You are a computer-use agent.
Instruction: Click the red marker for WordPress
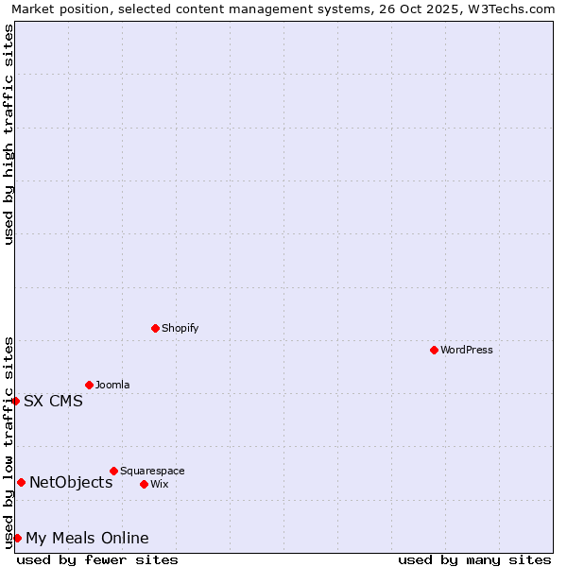pos(434,350)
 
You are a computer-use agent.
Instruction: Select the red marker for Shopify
pos(156,328)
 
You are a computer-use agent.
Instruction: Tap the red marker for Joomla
pos(89,385)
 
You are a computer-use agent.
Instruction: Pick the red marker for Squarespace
pos(113,471)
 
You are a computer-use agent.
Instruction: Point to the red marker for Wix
pos(144,484)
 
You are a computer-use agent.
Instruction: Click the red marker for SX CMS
pos(15,401)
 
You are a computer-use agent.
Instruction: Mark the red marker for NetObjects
pos(21,482)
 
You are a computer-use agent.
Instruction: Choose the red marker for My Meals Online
pos(17,538)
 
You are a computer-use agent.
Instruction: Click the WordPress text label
pos(467,350)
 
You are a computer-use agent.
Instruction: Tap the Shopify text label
pos(180,328)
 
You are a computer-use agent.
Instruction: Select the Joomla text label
pos(112,385)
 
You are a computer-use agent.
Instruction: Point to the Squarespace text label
pos(152,471)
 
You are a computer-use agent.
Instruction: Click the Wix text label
pos(159,484)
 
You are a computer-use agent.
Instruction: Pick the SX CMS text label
pos(53,401)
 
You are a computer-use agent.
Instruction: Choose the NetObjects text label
pos(71,482)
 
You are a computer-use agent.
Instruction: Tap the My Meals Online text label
pos(87,538)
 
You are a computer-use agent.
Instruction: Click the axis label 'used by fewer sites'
pos(97,559)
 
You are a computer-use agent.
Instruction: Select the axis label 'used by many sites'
pos(474,559)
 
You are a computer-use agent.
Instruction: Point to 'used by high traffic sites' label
pos(9,134)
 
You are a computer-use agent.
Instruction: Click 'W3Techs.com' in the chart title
pos(514,9)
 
